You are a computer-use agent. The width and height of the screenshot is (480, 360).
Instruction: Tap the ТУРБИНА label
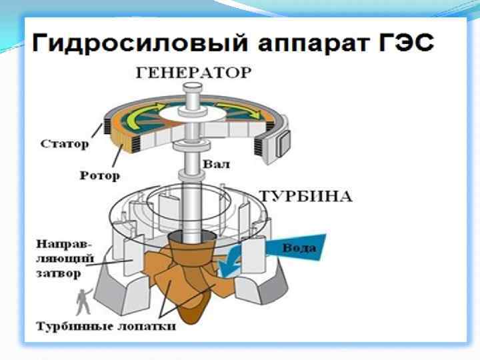tap(305, 196)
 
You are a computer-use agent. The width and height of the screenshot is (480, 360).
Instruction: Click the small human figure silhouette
tap(83, 303)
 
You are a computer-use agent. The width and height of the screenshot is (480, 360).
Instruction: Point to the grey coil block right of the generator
tap(287, 141)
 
